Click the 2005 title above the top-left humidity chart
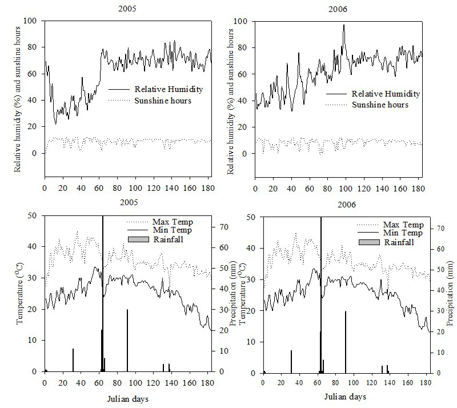click(127, 9)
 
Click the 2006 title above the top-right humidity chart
click(338, 9)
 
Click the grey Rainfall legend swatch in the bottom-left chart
click(138, 239)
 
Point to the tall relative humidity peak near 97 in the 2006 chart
click(344, 25)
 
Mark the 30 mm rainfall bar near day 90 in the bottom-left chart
click(127, 341)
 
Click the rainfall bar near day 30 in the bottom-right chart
click(291, 362)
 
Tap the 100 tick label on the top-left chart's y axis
click(30, 21)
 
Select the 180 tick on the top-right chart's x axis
click(418, 189)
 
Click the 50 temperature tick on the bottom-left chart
click(33, 215)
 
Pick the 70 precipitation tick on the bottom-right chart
click(440, 229)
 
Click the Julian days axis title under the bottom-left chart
click(127, 399)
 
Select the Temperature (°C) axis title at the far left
click(19, 294)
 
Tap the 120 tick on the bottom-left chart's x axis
click(154, 383)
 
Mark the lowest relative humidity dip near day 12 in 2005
click(55, 123)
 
